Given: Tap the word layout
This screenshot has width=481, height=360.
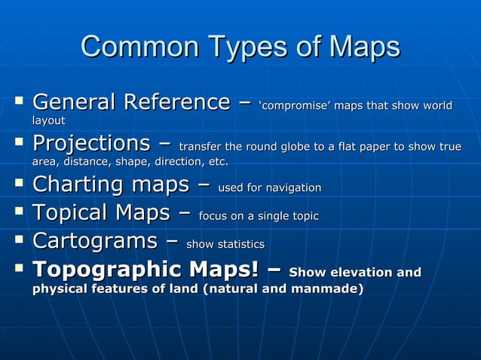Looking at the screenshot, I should click(48, 121).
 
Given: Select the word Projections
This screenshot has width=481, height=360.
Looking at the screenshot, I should click(91, 143).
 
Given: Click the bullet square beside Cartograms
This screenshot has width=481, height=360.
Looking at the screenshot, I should click(18, 240).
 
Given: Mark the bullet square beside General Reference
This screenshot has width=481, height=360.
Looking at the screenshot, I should click(18, 100).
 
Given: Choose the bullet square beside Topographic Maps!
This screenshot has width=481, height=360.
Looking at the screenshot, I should click(18, 268).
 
